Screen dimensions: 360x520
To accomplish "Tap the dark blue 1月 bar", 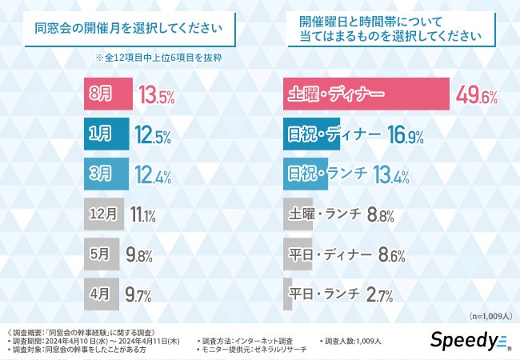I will click(x=106, y=134).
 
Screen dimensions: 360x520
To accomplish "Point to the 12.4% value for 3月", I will click(x=154, y=174).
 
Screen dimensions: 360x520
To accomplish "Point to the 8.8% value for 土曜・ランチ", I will click(x=379, y=214).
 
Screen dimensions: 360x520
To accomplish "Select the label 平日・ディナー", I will click(x=329, y=254).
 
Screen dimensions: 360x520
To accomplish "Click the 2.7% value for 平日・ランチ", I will click(x=378, y=294).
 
